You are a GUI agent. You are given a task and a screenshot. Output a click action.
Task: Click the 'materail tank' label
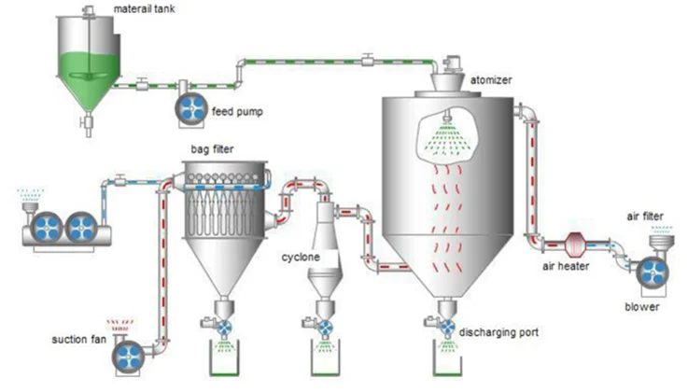tap(144, 8)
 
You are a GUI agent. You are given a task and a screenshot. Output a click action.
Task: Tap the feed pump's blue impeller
tap(191, 108)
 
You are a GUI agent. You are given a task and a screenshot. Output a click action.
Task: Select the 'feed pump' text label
tap(237, 112)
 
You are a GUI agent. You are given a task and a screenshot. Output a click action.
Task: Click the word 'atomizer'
tap(491, 80)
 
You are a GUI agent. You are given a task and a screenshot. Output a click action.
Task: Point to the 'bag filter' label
tap(212, 149)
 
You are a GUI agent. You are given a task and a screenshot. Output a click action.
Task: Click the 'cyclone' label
tap(301, 257)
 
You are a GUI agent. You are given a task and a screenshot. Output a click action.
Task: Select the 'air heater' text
tap(566, 266)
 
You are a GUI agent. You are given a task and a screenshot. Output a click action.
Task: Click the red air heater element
tap(573, 245)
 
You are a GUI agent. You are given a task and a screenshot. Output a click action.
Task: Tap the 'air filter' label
tap(645, 217)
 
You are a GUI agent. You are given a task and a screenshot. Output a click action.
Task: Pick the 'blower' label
tap(642, 306)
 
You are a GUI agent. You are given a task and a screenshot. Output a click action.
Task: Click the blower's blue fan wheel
tap(653, 273)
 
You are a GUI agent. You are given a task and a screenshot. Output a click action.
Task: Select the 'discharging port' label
tap(498, 332)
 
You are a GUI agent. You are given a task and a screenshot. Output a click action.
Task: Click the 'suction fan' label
tap(79, 340)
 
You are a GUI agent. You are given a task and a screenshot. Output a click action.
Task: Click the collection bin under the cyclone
tap(326, 358)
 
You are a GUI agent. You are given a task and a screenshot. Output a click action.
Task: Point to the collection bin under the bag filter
tap(224, 358)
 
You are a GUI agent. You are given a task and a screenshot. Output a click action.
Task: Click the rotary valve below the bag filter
tap(225, 328)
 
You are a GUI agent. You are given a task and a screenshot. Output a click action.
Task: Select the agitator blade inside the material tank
tap(89, 76)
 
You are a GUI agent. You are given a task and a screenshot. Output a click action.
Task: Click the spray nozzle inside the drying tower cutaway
tap(446, 119)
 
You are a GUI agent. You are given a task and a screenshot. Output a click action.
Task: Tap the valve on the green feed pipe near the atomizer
tap(368, 60)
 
